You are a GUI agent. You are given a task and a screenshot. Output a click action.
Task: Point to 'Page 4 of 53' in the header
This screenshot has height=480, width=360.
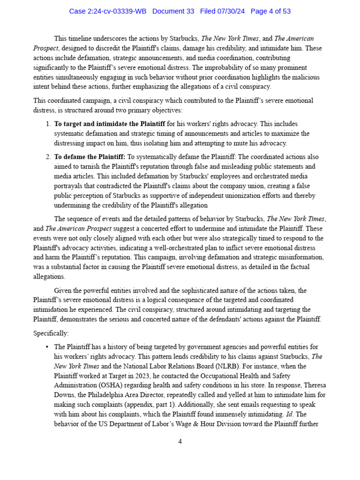tap(270, 11)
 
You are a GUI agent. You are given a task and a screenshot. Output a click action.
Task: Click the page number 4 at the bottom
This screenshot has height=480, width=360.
tap(180, 441)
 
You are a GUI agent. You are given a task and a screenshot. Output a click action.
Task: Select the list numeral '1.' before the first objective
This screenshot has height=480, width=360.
tap(48, 124)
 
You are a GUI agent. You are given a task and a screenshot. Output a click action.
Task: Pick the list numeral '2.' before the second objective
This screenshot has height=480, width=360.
tap(48, 157)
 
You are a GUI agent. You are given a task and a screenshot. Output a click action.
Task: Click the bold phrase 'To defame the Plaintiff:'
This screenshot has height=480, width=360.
tap(90, 157)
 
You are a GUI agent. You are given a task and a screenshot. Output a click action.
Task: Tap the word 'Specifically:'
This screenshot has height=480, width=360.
tap(51, 333)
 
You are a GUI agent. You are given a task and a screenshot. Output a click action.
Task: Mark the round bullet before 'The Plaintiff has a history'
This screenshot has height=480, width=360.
tap(47, 347)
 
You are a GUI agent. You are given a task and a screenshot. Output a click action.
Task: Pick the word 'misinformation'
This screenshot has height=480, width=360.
tap(300, 257)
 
